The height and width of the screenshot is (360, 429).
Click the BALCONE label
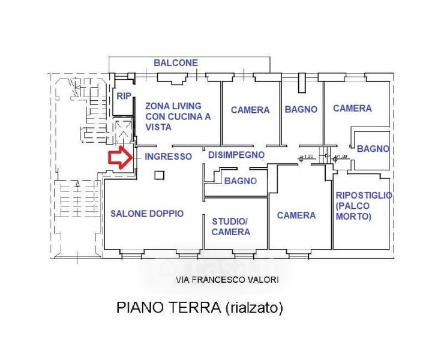176,62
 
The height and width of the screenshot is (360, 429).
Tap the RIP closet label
124,96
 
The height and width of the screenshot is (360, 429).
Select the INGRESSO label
169,157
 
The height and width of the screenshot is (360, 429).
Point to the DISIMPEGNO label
236,155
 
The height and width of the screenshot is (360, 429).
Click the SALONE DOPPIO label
147,214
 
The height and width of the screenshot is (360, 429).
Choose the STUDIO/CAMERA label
231,227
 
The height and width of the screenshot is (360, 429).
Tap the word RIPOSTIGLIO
364,196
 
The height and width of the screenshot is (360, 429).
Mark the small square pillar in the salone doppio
159,175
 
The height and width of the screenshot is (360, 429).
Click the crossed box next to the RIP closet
124,128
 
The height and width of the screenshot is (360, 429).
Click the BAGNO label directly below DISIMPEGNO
240,181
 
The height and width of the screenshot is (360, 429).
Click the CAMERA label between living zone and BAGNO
250,110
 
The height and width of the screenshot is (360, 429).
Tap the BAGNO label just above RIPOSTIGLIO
373,149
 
